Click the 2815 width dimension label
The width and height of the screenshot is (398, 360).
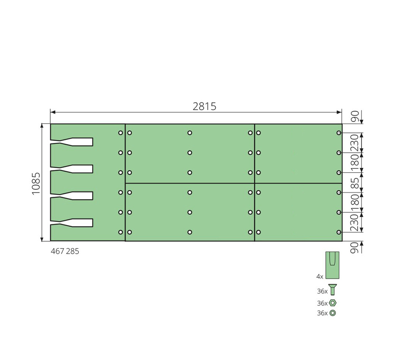204,106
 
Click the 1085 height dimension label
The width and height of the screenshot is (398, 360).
36,183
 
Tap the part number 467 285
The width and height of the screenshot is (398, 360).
65,251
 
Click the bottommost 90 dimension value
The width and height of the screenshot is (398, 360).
355,248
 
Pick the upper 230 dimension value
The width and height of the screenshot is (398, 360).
355,143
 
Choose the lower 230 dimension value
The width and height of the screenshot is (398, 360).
355,222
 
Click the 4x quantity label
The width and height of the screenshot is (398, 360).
320,277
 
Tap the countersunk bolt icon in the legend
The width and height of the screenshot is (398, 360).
333,290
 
